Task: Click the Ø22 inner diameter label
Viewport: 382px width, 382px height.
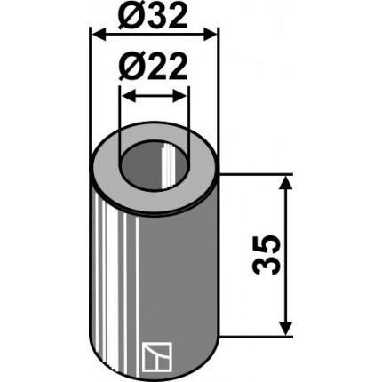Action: coord(153,67)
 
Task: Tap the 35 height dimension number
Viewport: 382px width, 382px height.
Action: coord(266,255)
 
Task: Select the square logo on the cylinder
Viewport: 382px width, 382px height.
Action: coord(157,357)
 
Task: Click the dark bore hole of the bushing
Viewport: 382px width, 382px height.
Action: coord(153,171)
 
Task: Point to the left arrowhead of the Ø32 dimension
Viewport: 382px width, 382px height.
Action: coord(99,35)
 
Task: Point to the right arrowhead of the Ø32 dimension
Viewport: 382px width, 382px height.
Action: coord(210,35)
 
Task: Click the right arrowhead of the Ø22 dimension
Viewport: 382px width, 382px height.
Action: coord(179,96)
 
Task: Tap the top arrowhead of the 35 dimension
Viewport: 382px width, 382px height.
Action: coord(285,184)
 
